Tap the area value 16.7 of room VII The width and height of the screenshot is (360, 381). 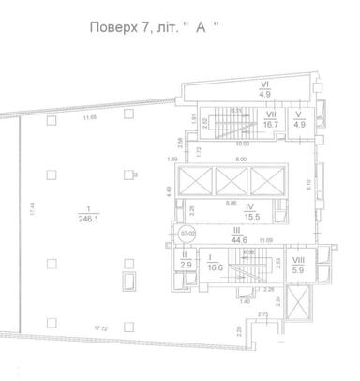271,122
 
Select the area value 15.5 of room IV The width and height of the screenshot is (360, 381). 250,217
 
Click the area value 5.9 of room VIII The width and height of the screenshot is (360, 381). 298,270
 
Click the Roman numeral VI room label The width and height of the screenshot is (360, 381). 264,85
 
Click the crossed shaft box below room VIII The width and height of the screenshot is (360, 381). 297,303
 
